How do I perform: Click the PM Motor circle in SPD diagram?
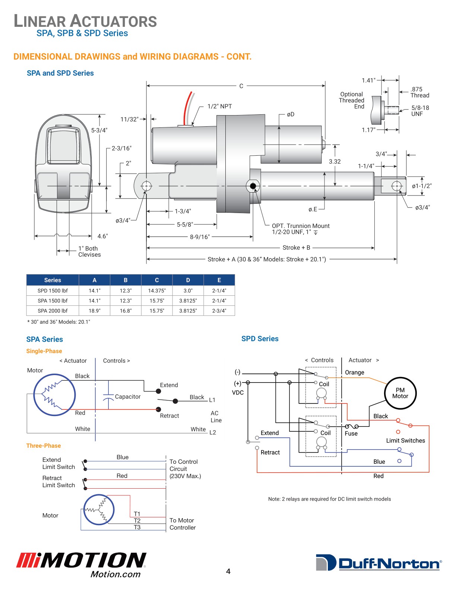400,393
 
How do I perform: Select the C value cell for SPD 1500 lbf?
157,291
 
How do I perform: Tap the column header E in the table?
219,280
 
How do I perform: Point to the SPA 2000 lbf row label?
53,311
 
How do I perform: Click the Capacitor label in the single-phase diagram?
128,397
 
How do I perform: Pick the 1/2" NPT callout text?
219,107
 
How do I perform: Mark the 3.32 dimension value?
335,162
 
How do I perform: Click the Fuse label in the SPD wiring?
351,434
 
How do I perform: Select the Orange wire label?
354,372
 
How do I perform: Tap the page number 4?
228,571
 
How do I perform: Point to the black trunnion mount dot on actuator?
253,186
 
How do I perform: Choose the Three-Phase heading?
43,445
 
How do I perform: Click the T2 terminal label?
137,521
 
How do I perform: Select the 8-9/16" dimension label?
200,237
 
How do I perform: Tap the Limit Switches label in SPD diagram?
405,441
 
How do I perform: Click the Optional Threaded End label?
352,101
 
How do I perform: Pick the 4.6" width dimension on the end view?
102,236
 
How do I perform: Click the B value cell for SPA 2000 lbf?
126,311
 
